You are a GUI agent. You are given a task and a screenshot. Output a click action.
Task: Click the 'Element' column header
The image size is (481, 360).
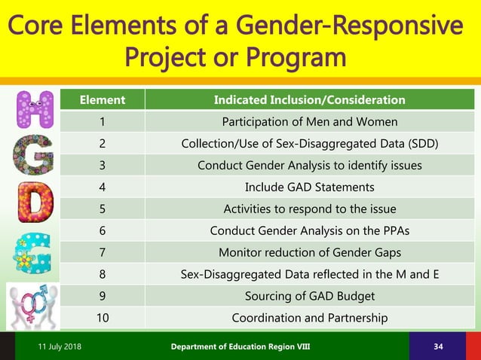(103, 99)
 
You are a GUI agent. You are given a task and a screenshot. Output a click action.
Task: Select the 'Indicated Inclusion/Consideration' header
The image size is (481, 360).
(309, 99)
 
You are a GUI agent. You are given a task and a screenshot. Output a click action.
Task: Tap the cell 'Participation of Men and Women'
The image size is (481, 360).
(309, 121)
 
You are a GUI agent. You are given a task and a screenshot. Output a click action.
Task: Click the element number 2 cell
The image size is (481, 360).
(103, 143)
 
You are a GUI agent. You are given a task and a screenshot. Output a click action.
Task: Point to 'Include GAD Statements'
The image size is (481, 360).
(309, 187)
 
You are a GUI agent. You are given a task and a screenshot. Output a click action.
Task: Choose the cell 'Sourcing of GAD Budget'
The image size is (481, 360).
(309, 296)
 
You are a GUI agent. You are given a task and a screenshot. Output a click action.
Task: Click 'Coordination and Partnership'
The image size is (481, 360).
(309, 318)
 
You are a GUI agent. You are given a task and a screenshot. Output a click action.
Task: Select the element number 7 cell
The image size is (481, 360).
(103, 252)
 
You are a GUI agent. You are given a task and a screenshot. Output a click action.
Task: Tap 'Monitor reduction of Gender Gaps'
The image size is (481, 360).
(309, 252)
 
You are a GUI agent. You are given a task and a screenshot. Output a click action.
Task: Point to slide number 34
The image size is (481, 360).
(439, 346)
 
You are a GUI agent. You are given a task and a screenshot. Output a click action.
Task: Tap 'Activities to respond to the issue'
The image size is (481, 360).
(309, 209)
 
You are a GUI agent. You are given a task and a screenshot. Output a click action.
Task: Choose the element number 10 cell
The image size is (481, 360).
(103, 318)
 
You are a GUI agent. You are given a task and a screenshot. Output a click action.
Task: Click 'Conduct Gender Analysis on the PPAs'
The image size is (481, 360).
(309, 230)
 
